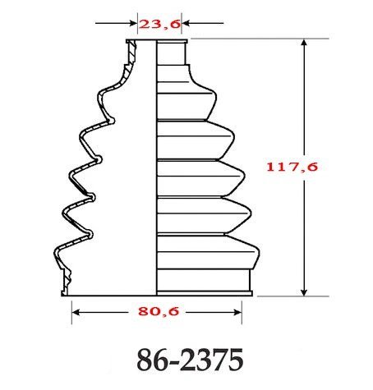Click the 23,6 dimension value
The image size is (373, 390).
156,25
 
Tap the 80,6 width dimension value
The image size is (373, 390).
156,311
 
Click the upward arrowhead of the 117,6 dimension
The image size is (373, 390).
306,47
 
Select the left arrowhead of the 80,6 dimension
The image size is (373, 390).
80,311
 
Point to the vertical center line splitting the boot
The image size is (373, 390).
156,164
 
